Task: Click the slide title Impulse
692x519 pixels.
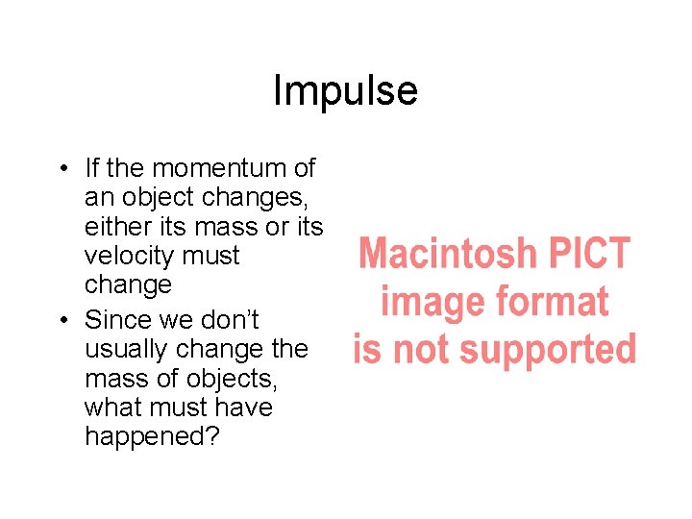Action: pyautogui.click(x=345, y=91)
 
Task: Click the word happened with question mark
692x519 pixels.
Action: pyautogui.click(x=151, y=436)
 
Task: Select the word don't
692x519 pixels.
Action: pyautogui.click(x=229, y=319)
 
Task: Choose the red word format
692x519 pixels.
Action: pyautogui.click(x=551, y=302)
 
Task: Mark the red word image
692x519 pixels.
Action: pyautogui.click(x=431, y=302)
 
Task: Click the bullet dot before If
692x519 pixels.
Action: pyautogui.click(x=60, y=169)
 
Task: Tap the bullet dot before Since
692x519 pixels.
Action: pyautogui.click(x=60, y=320)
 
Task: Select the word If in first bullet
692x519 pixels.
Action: pyautogui.click(x=92, y=168)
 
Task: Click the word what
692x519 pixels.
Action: pyautogui.click(x=111, y=407)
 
